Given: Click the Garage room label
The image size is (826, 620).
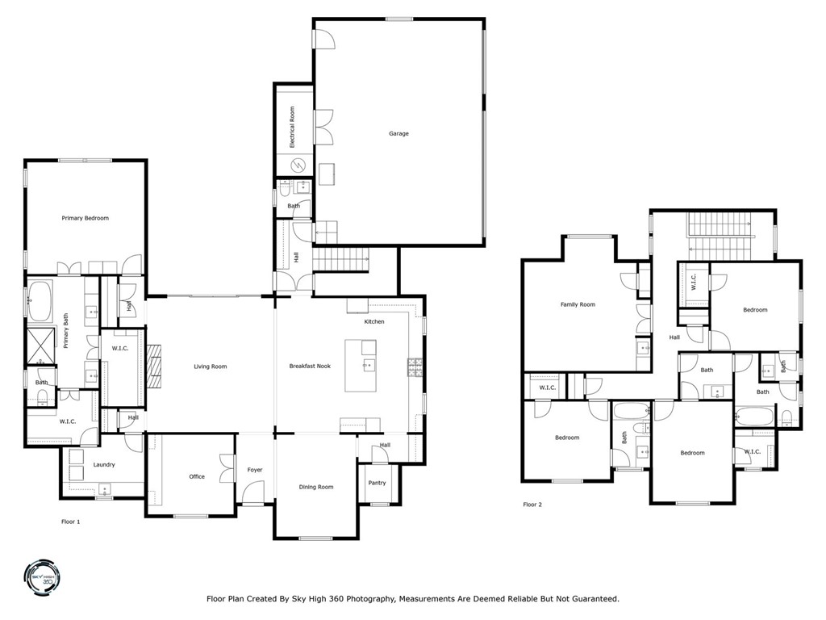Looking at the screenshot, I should (398, 133).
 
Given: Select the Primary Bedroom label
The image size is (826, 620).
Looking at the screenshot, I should (86, 218).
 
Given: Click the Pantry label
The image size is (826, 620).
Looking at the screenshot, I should (377, 483).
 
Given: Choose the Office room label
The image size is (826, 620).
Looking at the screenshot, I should (197, 476).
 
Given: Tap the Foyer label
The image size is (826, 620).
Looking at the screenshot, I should (255, 470).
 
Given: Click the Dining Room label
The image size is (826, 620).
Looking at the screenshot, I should (316, 487).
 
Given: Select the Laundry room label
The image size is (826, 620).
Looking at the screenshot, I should (103, 464).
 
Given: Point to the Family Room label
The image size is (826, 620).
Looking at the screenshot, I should (578, 304).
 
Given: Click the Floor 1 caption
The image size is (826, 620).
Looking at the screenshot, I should (71, 522).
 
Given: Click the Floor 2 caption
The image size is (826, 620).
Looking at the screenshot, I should (532, 505).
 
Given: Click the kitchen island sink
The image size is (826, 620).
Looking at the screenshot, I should (368, 366).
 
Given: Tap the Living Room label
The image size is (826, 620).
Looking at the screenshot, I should (210, 367).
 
